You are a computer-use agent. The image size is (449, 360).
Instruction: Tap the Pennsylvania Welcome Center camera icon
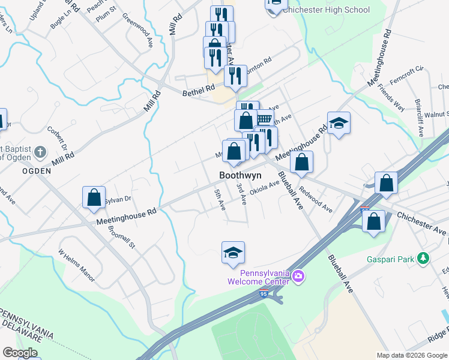(300, 275)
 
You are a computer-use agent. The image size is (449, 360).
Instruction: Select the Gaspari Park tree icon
(424, 259)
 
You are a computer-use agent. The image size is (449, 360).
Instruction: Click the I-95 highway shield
(264, 292)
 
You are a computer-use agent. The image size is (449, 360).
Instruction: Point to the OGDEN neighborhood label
(20, 170)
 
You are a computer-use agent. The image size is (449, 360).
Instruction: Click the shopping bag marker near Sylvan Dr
(94, 197)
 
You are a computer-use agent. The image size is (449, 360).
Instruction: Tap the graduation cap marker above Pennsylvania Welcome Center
(233, 253)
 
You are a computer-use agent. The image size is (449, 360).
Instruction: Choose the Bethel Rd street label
(199, 88)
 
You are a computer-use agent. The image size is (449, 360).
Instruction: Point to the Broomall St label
(123, 230)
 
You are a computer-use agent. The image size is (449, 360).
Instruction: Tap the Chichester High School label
(326, 10)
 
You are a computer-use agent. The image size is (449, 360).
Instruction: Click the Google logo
(20, 353)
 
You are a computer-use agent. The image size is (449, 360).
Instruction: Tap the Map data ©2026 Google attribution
(411, 355)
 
